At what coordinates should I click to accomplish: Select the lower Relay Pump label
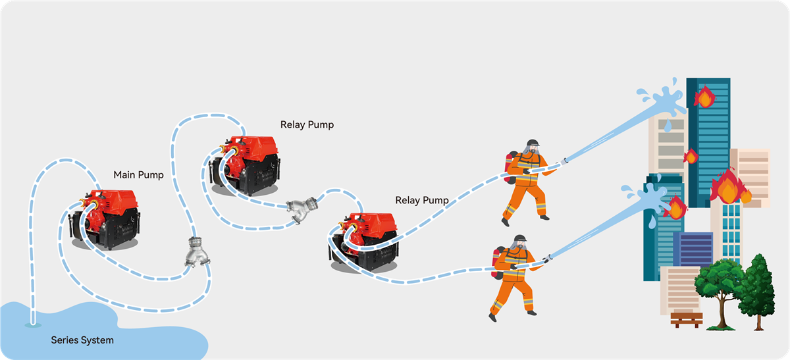pyautogui.click(x=422, y=199)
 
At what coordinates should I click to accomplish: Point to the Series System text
pyautogui.click(x=82, y=340)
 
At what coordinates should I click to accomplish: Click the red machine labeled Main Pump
pyautogui.click(x=106, y=218)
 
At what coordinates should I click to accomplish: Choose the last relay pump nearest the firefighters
pyautogui.click(x=366, y=241)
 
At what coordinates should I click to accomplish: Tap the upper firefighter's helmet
pyautogui.click(x=531, y=145)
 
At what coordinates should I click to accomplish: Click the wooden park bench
pyautogui.click(x=686, y=319)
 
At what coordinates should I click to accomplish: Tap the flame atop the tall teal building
pyautogui.click(x=704, y=97)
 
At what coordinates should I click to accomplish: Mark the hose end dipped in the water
pyautogui.click(x=32, y=323)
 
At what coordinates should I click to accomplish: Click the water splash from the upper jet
pyautogui.click(x=665, y=99)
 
